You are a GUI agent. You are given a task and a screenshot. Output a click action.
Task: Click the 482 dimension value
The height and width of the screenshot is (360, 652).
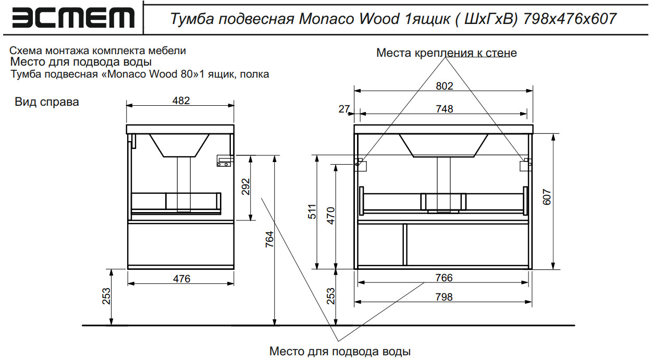(x=181, y=100)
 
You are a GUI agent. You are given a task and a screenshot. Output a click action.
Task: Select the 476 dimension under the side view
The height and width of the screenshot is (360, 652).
(x=181, y=279)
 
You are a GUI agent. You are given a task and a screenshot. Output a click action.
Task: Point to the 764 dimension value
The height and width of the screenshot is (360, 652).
(x=269, y=240)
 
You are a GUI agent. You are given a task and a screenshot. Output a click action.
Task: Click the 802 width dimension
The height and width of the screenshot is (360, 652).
(x=444, y=86)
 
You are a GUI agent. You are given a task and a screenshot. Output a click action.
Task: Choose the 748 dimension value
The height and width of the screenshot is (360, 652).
(x=444, y=109)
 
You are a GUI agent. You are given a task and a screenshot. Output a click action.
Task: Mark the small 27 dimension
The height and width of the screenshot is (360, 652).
(x=344, y=109)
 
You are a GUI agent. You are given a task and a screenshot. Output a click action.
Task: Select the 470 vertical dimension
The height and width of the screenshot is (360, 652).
(x=330, y=216)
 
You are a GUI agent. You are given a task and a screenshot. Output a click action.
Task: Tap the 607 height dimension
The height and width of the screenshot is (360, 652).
(x=547, y=197)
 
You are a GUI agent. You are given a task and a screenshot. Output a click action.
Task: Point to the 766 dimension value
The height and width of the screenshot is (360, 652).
(x=444, y=278)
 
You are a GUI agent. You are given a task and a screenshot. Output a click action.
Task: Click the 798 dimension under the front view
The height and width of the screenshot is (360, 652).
(x=444, y=297)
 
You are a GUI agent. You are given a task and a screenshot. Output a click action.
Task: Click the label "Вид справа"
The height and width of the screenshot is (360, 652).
(x=47, y=102)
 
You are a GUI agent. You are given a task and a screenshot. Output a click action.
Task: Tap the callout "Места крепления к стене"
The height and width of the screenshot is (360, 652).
(x=446, y=53)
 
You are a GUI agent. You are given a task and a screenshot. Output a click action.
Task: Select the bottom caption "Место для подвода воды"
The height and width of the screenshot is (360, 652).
(x=340, y=351)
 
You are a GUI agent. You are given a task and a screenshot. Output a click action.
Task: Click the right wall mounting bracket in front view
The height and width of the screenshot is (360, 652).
(x=525, y=164)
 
